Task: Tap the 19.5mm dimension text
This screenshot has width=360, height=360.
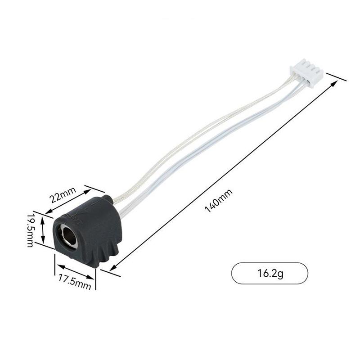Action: (x=30, y=230)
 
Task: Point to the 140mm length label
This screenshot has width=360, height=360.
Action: (x=219, y=201)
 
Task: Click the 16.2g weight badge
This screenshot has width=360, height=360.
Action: (x=270, y=273)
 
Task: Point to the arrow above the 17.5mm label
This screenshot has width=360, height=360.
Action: (x=75, y=271)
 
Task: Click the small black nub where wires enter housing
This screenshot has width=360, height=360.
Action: (x=107, y=198)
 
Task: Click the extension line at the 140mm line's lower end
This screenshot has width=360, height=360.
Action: (x=110, y=273)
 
